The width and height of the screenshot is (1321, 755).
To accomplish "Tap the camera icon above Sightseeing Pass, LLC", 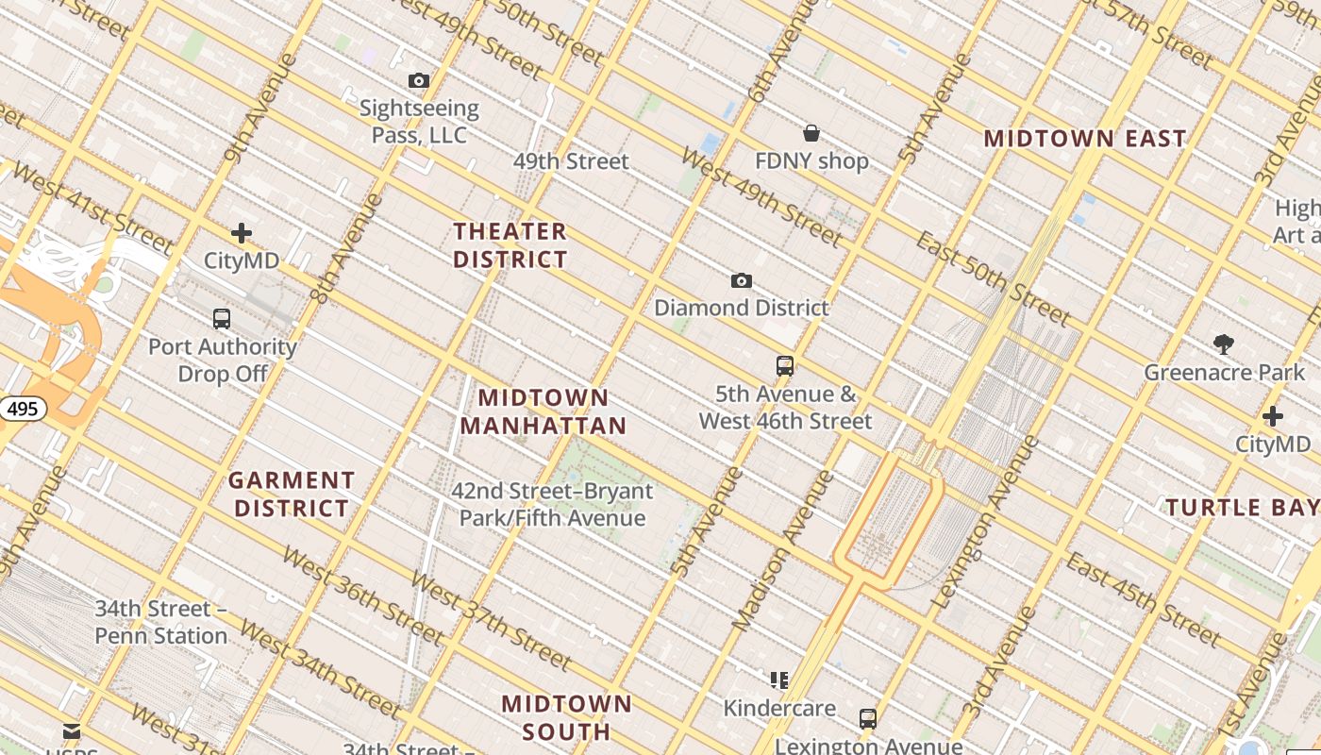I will tap(419, 81).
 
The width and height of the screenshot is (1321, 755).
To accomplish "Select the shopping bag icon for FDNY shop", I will tap(811, 133).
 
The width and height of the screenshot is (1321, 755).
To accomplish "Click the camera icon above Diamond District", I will tap(742, 280).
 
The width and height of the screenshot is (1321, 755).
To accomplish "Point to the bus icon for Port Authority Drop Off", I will tap(222, 319).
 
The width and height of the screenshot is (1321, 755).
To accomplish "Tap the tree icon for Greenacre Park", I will tap(1224, 344).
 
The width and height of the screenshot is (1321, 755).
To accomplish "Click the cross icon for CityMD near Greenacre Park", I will tap(1273, 416).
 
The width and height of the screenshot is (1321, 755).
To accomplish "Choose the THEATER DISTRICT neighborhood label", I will tap(510, 245).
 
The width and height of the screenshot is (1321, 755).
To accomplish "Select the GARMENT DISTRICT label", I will tap(292, 495).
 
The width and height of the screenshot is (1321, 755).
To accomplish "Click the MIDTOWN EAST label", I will tap(1085, 139).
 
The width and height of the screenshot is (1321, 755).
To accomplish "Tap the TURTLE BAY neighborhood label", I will tap(1242, 508).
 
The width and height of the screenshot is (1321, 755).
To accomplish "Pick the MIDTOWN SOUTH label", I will tap(566, 717).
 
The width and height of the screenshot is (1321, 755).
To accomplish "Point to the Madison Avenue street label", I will tap(783, 551).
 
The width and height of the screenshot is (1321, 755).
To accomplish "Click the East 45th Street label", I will tap(1144, 600).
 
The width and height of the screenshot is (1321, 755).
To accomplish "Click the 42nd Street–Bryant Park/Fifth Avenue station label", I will tap(552, 505).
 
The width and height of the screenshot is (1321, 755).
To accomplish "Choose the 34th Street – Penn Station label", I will tap(160, 622).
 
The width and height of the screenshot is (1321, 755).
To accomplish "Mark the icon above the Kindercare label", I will tap(779, 680).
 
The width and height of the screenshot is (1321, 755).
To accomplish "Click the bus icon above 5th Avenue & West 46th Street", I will tap(785, 366).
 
